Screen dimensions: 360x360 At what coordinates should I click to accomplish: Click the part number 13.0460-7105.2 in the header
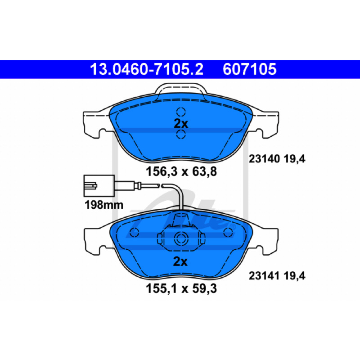[147, 69]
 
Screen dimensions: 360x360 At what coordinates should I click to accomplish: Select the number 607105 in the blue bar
[249, 69]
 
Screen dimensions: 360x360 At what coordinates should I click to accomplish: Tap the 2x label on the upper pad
[181, 124]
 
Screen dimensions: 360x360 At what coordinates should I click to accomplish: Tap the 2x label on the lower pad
[180, 261]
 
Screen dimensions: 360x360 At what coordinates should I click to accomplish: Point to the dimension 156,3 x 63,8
[181, 171]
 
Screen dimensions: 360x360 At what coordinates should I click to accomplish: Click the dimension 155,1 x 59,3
[181, 288]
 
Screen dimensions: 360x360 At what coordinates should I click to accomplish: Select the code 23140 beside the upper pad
[264, 159]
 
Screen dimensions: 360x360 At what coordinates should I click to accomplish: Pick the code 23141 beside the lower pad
[264, 276]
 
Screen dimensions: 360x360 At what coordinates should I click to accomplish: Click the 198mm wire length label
[104, 205]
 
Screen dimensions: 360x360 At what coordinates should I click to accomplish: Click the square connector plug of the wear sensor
[99, 186]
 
